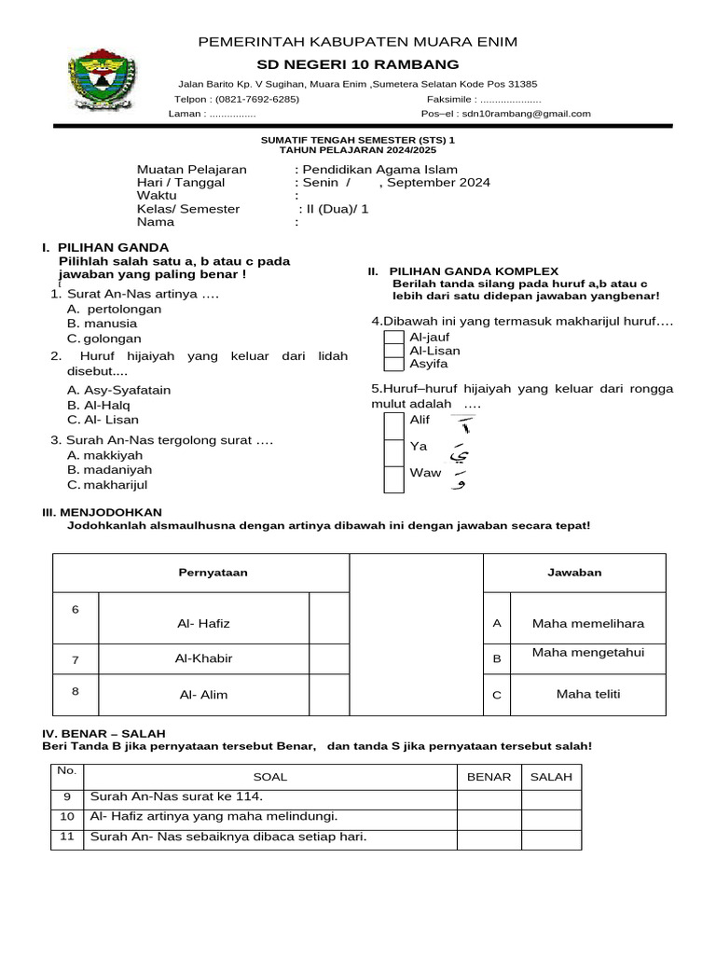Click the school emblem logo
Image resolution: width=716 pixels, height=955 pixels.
coord(103,77)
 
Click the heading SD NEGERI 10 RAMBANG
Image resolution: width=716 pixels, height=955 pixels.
coord(358,64)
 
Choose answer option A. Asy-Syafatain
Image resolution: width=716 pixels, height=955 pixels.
coord(118,390)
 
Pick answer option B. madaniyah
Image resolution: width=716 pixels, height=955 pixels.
coord(109,470)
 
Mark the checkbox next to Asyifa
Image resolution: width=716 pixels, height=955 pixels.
coord(394,364)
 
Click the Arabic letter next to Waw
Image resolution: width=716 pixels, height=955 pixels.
coord(459,479)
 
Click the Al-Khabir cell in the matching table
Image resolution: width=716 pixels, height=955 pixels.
coord(203,658)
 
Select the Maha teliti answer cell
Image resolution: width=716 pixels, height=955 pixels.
coord(587,694)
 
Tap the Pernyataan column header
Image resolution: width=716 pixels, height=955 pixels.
coord(213,573)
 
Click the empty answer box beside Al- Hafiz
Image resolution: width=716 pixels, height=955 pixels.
coord(328,617)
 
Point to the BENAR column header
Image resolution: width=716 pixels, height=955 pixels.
coord(489,777)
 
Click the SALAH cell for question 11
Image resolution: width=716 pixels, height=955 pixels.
coord(551,837)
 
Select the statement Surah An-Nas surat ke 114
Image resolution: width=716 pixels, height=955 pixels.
coord(176,796)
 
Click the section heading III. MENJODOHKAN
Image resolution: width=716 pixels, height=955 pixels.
coord(103,512)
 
